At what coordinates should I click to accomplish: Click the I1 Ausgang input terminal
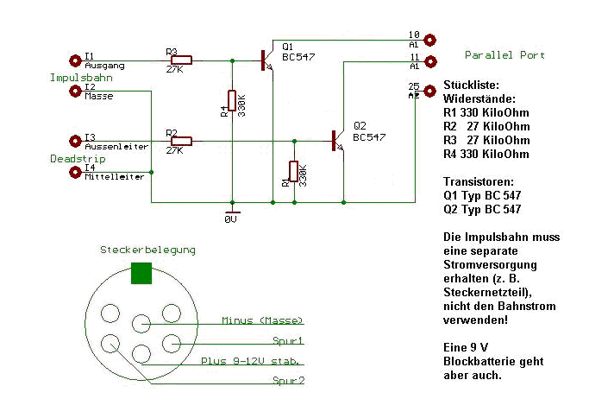[73, 60]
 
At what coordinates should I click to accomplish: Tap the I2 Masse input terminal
[73, 91]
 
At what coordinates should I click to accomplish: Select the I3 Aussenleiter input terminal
[73, 140]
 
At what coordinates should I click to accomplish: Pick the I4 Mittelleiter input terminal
[73, 172]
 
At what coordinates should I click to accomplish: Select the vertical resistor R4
[231, 101]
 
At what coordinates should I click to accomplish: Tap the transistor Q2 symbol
[337, 141]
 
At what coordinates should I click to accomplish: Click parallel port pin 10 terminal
[429, 40]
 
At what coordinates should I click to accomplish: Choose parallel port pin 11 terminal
[429, 60]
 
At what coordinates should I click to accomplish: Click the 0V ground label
[231, 219]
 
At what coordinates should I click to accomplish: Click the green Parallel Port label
[504, 55]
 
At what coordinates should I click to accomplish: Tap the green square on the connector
[141, 273]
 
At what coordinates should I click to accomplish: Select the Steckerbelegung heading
[147, 250]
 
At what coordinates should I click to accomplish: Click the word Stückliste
[470, 85]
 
